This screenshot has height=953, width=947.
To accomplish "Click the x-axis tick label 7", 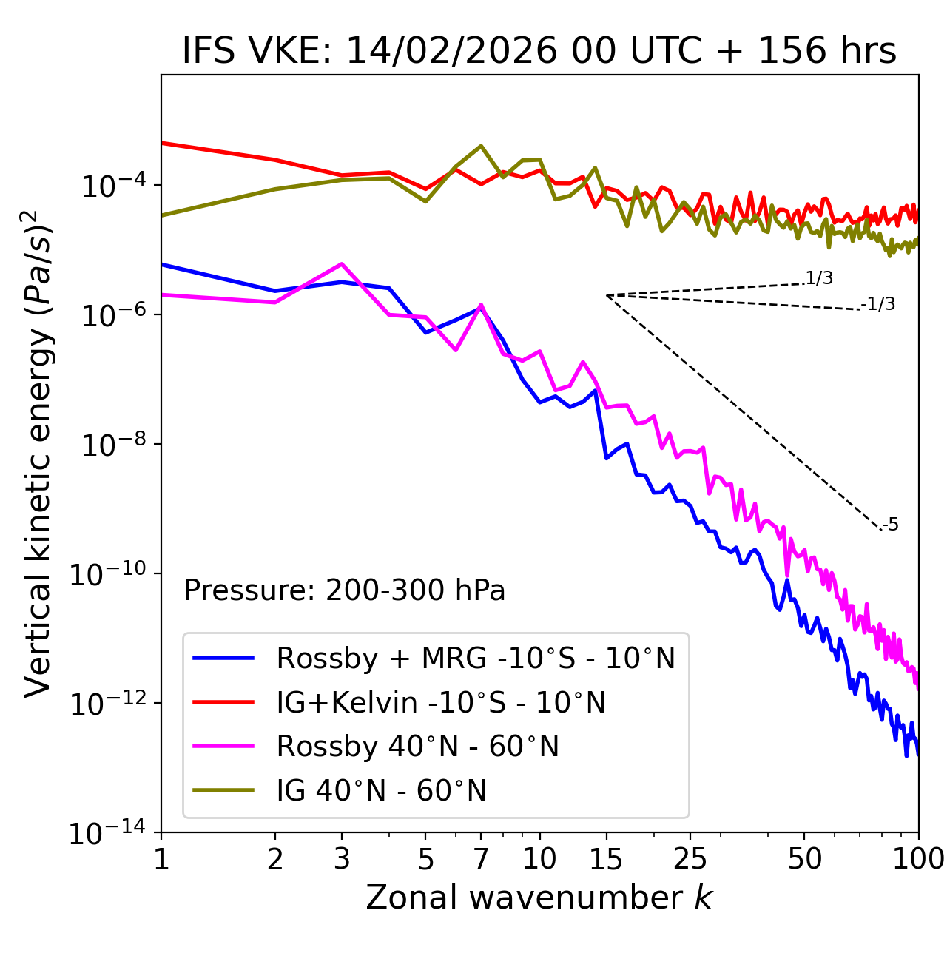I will pos(481,858).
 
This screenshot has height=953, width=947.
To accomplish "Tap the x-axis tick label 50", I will pos(804,858).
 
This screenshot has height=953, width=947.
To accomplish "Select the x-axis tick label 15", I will pos(606,858).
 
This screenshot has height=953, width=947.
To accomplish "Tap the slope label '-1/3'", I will pos(879,303).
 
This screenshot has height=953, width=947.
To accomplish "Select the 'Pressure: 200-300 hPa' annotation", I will pos(344,590).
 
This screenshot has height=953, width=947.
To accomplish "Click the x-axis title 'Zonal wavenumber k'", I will pos(539,898).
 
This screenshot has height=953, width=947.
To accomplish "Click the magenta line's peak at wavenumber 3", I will pos(341,263).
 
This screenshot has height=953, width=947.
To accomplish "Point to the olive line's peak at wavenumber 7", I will pos(481,146).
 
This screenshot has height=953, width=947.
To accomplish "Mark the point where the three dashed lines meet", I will pos(607,295).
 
